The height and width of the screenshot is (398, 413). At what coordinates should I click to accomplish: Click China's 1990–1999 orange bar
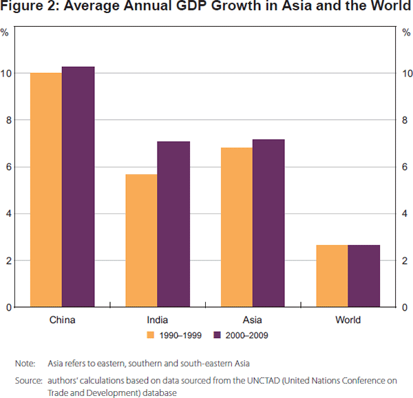pos(46,189)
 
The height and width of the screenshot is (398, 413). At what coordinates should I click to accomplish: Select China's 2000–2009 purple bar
pos(78,187)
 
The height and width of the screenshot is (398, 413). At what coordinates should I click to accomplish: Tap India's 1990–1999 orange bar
pos(141,240)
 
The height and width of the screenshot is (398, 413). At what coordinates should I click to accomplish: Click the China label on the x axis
pos(62,320)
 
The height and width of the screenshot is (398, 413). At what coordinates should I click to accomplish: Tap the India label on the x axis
pos(157,320)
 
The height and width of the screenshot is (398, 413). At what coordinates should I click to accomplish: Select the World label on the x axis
pos(348,320)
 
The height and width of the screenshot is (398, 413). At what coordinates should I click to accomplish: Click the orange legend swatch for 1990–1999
pos(150,335)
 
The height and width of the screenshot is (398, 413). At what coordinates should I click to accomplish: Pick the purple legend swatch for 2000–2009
pos(216,335)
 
